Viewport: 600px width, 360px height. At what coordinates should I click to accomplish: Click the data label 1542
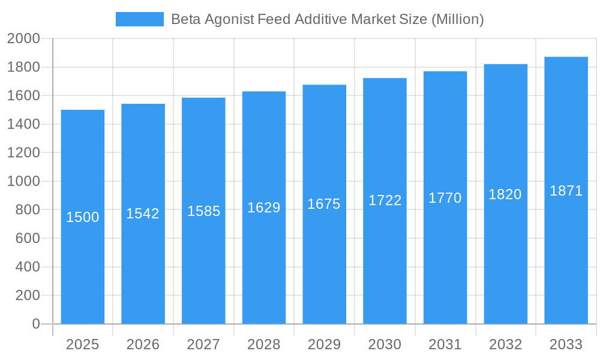[143, 214]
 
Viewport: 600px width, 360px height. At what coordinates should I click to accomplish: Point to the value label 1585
[203, 211]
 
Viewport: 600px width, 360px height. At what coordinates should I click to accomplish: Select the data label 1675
[324, 204]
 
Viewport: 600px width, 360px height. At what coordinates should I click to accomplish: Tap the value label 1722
[385, 200]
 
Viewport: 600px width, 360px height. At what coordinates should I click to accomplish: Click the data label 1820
[505, 194]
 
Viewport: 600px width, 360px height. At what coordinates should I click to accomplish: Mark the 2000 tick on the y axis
[23, 39]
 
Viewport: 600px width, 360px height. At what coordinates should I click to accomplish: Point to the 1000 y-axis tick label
[23, 181]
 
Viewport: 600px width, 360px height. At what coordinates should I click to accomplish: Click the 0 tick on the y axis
[35, 324]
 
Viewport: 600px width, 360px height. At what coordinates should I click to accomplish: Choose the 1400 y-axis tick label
[23, 124]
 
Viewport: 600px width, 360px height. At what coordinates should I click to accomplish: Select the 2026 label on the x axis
[143, 344]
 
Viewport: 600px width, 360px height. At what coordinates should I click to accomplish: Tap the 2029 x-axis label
[324, 344]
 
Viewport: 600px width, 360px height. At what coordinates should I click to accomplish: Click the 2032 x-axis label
[505, 344]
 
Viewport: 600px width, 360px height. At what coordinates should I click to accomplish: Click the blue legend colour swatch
[139, 19]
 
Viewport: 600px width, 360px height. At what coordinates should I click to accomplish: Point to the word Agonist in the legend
[230, 19]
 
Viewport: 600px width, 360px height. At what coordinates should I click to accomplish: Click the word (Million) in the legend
[458, 19]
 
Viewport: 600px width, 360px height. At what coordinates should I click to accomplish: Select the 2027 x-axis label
[203, 344]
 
